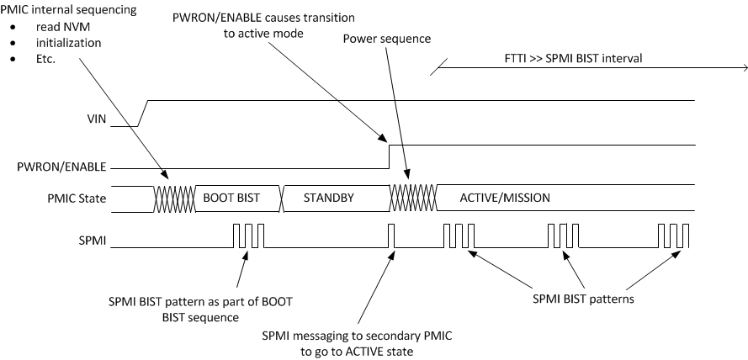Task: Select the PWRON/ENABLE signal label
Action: (65, 167)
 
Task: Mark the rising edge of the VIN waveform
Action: (144, 113)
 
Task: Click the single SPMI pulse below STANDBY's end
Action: (392, 236)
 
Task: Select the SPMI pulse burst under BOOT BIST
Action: (248, 236)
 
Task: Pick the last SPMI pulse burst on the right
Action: (674, 236)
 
